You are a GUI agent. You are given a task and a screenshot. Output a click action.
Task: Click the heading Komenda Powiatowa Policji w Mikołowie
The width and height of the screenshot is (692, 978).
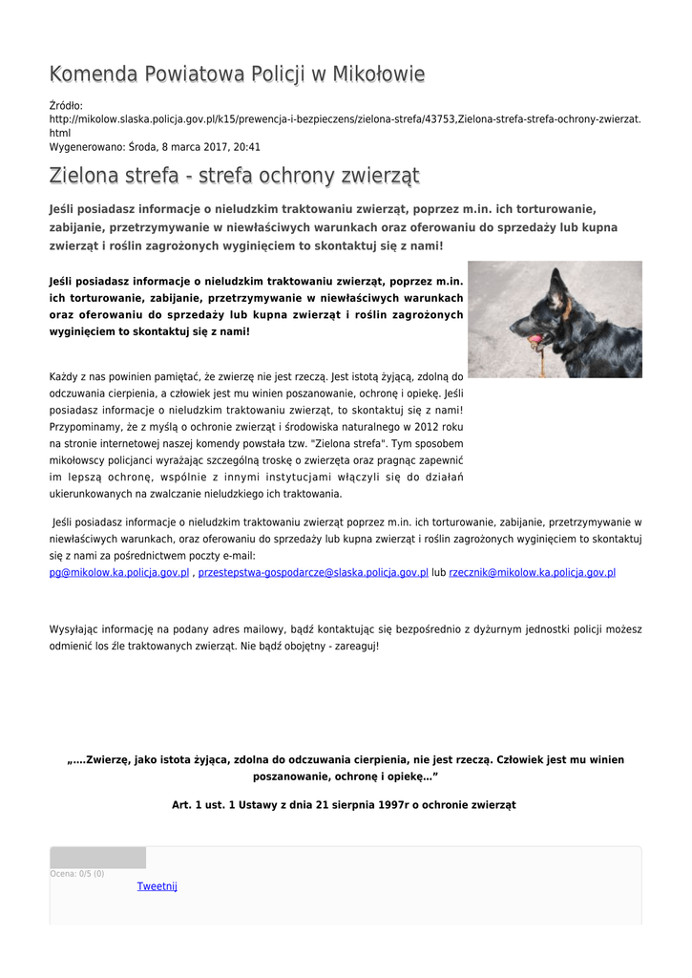point(237,74)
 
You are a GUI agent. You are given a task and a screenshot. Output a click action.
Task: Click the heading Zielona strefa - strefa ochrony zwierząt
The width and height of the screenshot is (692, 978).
point(234,176)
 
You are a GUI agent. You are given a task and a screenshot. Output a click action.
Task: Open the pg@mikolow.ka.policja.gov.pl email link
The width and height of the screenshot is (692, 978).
point(119,572)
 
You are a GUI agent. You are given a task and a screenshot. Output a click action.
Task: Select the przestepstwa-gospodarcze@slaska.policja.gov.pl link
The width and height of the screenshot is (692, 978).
point(313,572)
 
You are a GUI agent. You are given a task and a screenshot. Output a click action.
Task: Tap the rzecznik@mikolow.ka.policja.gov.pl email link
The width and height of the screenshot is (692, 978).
point(532,572)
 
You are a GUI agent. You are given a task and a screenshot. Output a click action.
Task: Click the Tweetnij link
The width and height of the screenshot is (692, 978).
point(157,886)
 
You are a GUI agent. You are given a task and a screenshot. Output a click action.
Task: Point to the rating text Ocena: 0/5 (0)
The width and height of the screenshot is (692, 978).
point(77,874)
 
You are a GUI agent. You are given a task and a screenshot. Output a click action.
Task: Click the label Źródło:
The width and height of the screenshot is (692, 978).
point(66,105)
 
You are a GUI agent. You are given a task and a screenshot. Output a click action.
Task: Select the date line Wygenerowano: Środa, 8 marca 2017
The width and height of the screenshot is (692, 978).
point(155,147)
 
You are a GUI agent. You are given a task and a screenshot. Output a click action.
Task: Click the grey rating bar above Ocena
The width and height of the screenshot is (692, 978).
point(98,858)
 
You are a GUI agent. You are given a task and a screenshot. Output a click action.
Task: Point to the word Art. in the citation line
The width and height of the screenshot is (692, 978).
point(181,805)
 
